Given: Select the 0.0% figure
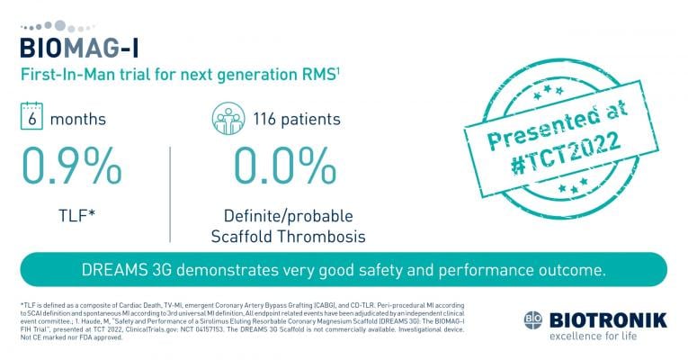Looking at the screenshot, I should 278,166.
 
